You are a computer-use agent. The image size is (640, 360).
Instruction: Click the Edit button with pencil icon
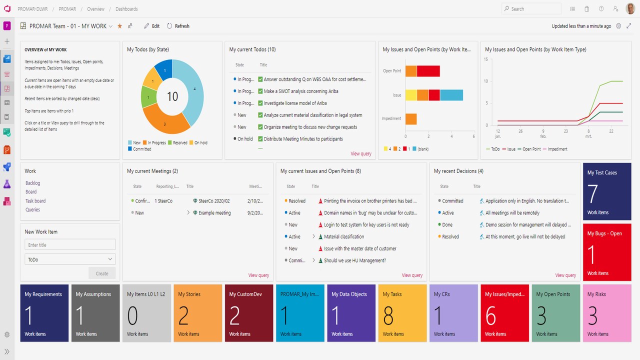(152, 26)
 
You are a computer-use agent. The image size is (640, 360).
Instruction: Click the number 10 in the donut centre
(172, 96)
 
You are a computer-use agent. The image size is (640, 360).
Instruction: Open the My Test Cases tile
(607, 191)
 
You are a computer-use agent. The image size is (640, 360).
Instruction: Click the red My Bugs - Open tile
(607, 252)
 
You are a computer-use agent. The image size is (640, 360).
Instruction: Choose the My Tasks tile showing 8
(402, 313)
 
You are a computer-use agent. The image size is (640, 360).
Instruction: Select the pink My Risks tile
(607, 313)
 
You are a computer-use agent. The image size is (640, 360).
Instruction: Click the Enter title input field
(70, 245)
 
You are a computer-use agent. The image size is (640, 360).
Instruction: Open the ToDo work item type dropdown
(70, 259)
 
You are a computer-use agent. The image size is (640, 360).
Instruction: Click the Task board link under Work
(35, 201)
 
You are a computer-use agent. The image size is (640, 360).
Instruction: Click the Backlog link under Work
(33, 183)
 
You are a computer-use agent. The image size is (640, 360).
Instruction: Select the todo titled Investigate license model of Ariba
(295, 103)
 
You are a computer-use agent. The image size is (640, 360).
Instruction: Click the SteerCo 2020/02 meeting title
(214, 201)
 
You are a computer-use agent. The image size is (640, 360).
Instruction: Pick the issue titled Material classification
(344, 236)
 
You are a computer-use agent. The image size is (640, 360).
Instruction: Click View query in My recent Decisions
(565, 275)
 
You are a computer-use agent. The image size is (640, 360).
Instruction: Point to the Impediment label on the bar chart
(391, 119)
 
